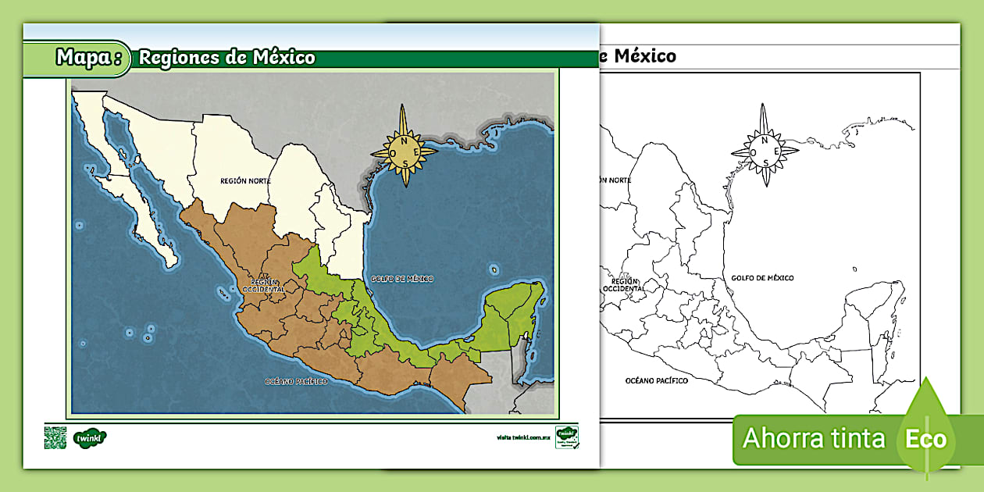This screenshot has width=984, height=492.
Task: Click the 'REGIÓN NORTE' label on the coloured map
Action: (246, 180)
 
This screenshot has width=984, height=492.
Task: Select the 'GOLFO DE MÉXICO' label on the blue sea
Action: (402, 279)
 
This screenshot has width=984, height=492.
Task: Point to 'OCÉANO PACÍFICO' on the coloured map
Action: (296, 381)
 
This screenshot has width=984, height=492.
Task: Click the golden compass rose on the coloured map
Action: (404, 146)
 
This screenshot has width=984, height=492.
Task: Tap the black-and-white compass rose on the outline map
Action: (765, 146)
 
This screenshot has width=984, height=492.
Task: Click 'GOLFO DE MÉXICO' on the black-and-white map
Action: (762, 277)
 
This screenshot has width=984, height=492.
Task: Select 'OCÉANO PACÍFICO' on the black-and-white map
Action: (656, 380)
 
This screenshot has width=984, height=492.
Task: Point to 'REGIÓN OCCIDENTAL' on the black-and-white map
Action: (626, 284)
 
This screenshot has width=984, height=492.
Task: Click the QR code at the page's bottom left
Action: (55, 437)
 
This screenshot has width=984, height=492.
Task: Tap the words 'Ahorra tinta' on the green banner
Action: (813, 438)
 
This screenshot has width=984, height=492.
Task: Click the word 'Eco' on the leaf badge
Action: (925, 439)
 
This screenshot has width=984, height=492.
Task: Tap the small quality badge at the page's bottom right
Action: (566, 437)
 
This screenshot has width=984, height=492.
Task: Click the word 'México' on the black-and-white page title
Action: (645, 56)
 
